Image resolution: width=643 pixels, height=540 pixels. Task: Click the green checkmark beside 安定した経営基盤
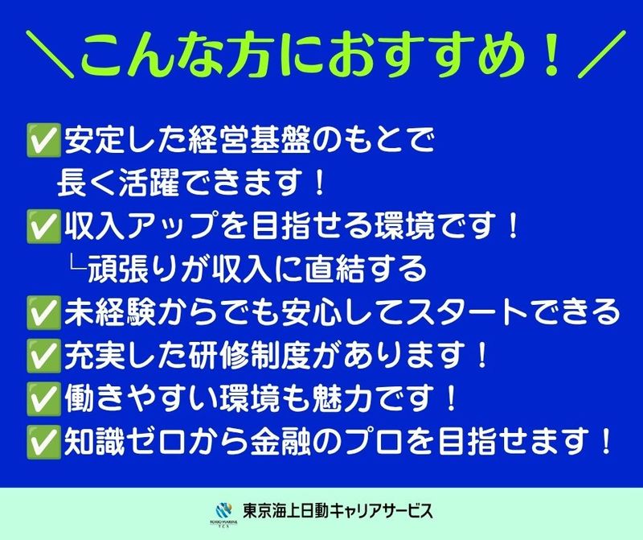[x=44, y=140]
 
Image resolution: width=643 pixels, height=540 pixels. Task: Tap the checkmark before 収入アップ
[x=44, y=226]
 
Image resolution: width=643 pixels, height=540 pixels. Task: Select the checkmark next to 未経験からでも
[x=44, y=312]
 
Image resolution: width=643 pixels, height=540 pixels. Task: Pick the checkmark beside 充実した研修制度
[x=44, y=356]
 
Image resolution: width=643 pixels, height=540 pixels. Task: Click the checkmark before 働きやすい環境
[x=44, y=398]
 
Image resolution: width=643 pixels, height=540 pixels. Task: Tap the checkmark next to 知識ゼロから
[x=44, y=442]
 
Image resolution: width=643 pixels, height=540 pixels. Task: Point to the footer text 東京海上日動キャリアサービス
[x=338, y=511]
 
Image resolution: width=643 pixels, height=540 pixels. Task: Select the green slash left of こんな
[x=50, y=54]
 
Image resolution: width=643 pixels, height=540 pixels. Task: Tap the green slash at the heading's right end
[x=601, y=54]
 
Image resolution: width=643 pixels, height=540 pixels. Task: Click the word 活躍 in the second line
[x=149, y=183]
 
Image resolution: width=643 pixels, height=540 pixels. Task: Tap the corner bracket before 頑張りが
[x=78, y=264]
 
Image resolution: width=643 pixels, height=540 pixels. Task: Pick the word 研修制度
[x=250, y=356]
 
